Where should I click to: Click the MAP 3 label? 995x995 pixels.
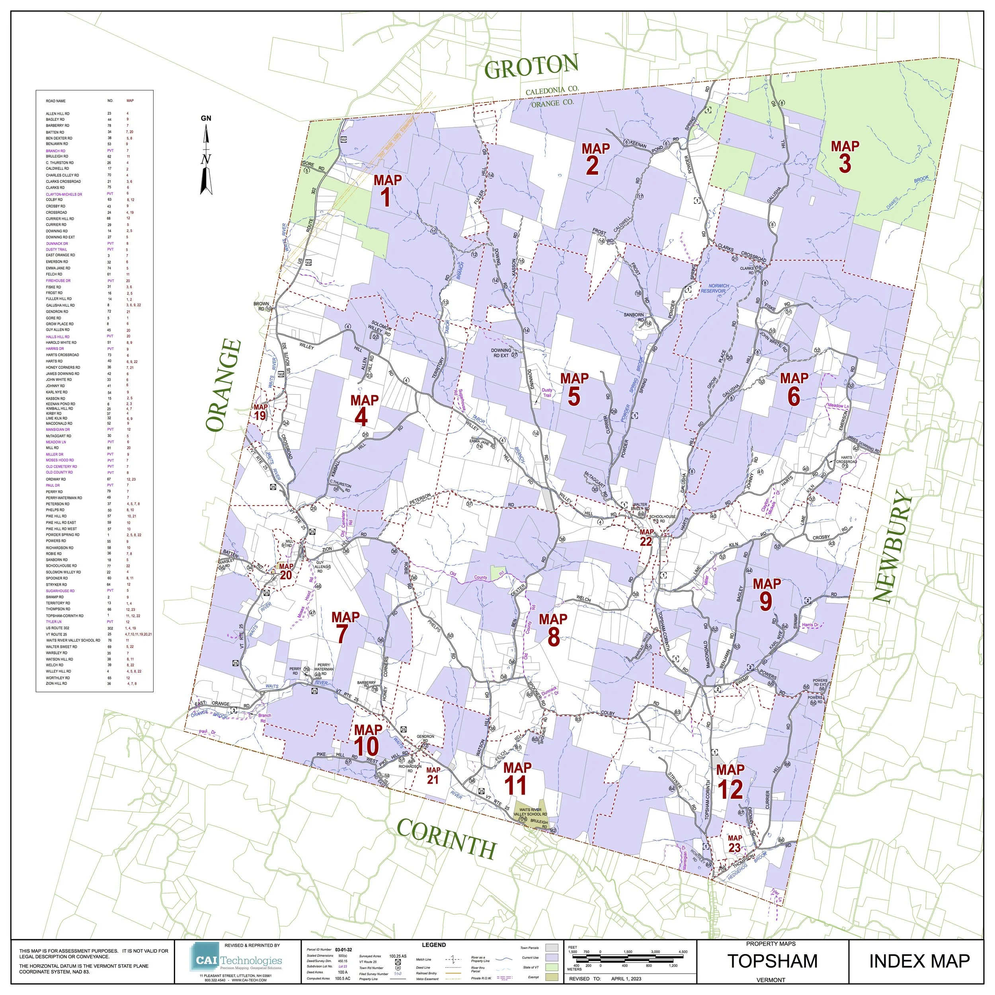click(x=845, y=156)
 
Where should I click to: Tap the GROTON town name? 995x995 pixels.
click(x=531, y=67)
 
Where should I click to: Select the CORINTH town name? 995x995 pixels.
click(x=446, y=839)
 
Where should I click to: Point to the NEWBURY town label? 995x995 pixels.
click(x=892, y=546)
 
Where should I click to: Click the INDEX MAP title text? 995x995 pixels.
click(x=919, y=961)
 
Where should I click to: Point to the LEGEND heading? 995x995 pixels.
click(x=434, y=945)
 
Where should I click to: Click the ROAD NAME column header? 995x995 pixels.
click(x=56, y=101)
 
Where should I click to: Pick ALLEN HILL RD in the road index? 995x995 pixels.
click(x=58, y=113)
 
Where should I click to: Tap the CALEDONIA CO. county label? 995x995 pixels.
click(x=552, y=91)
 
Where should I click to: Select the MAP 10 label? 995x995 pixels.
click(x=367, y=739)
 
